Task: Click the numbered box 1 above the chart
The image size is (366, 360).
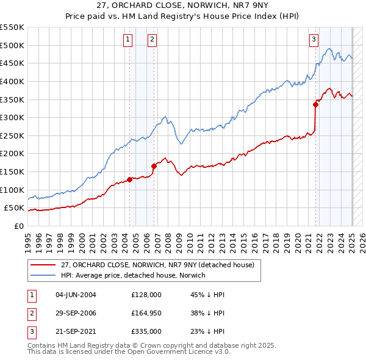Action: click(128, 40)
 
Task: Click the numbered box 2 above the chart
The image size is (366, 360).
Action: click(152, 40)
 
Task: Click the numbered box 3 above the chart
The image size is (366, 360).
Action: click(314, 40)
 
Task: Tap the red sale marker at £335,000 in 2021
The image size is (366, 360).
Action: click(316, 104)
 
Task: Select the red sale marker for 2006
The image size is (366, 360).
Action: click(154, 166)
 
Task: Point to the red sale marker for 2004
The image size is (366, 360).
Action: click(129, 179)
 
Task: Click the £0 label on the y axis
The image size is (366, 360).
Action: click(19, 226)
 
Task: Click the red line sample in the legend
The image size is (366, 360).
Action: click(43, 265)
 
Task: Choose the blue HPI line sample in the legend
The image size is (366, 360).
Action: click(43, 275)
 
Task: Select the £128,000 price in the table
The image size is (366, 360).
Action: click(146, 295)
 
